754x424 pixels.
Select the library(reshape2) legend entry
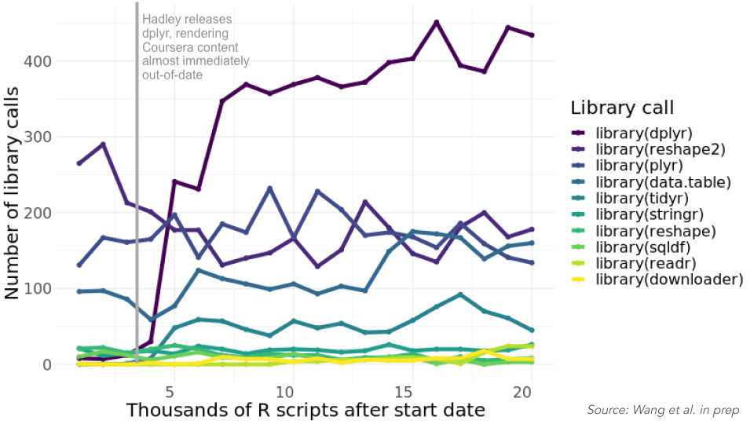pos(660,148)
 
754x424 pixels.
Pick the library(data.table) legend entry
pos(664,182)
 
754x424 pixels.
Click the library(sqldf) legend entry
pos(643,247)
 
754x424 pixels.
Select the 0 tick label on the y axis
pos(48,365)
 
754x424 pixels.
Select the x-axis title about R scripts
pos(306,411)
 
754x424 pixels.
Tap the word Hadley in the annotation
pos(160,20)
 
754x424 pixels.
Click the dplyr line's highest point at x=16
pos(437,22)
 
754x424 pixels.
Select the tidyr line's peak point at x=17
pos(460,294)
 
